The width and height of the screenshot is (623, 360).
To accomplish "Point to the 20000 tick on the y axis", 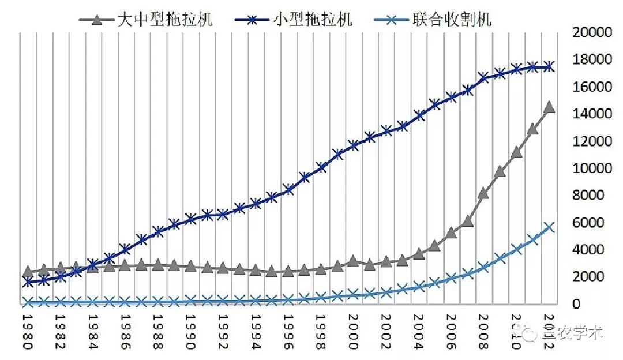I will pos(591,32).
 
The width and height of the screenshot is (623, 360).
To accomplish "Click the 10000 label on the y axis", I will pos(591,168).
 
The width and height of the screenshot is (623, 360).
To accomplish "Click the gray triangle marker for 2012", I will pos(549,107).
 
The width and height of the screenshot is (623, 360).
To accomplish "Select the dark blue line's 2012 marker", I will pos(549,67).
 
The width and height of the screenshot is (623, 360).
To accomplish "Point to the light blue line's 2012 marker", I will pos(549,227).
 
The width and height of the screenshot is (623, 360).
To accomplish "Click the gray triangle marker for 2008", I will pos(484,193).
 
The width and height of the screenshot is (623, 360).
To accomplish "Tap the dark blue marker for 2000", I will pos(354,145).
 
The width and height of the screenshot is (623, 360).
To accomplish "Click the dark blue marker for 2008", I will pos(484,77).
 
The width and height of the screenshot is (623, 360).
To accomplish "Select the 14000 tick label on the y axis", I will pos(591,114).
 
